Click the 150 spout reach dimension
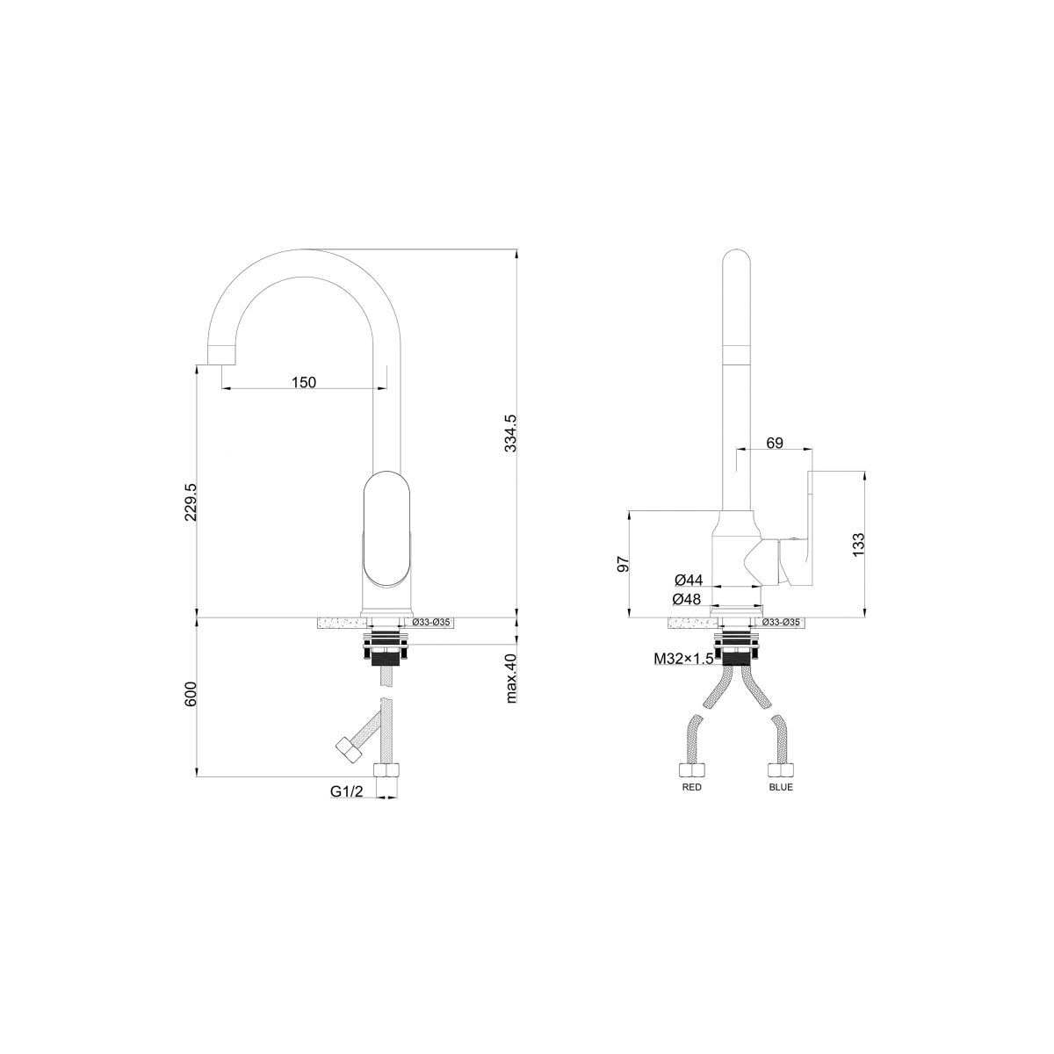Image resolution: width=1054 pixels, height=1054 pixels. tap(304, 382)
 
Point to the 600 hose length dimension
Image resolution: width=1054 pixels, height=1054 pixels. tap(191, 694)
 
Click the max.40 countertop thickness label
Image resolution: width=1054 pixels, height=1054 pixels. tap(511, 678)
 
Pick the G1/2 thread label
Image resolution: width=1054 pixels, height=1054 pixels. tap(346, 790)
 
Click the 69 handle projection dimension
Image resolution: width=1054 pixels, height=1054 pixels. tap(775, 443)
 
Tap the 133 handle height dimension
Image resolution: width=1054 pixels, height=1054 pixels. tap(858, 545)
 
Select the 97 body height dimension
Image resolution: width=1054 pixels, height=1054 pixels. tap(624, 564)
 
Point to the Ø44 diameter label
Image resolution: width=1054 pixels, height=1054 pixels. tap(689, 579)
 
